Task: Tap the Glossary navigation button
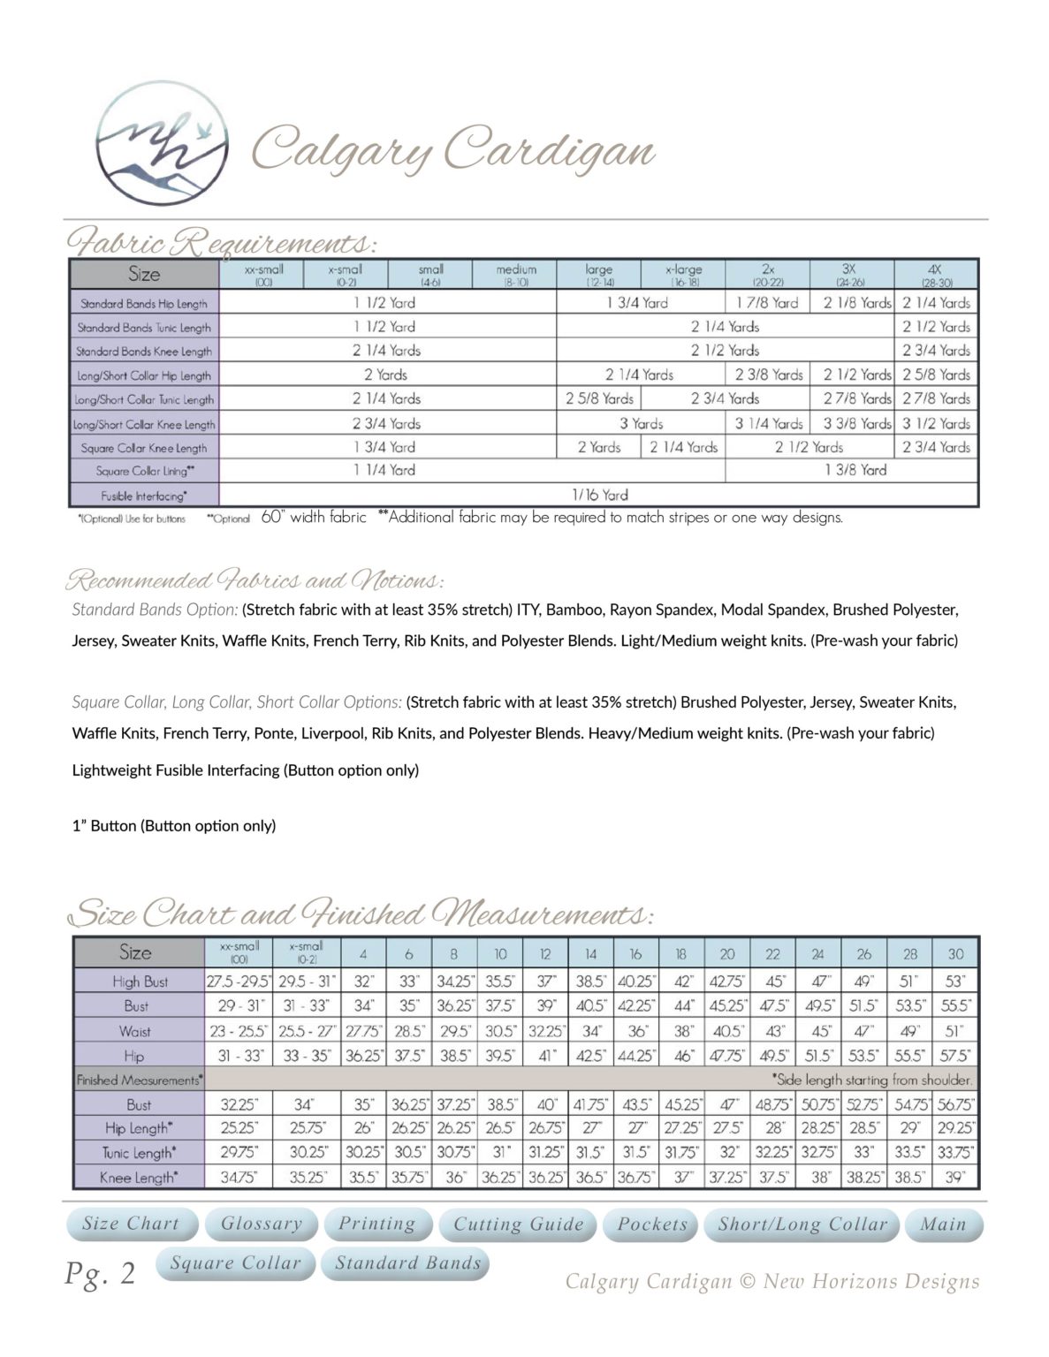[x=261, y=1224]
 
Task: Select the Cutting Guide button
[x=519, y=1224]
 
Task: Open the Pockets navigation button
[x=652, y=1224]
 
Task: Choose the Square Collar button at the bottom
[x=235, y=1263]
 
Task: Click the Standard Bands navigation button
[x=407, y=1263]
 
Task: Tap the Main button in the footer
[x=943, y=1224]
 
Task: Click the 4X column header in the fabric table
[x=936, y=274]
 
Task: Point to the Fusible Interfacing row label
[x=144, y=496]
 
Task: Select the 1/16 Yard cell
[x=599, y=495]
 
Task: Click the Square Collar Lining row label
[x=145, y=471]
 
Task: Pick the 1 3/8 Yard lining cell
[x=855, y=470]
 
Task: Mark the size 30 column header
[x=956, y=954]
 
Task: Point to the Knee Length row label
[x=137, y=1177]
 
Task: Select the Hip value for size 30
[x=955, y=1055]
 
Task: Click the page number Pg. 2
[x=100, y=1274]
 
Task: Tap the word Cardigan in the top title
[x=549, y=150]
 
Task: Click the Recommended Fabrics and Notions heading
[x=254, y=581]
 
